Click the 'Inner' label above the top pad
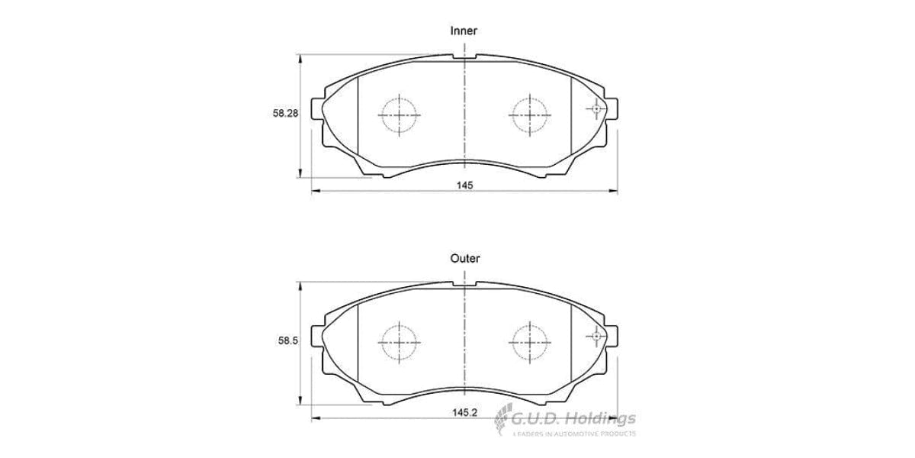tap(464, 31)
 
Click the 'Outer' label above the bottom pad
tap(464, 259)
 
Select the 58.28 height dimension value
tap(286, 113)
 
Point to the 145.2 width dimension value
tap(464, 413)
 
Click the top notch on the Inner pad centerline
tap(465, 56)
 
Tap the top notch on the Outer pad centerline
tap(465, 284)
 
